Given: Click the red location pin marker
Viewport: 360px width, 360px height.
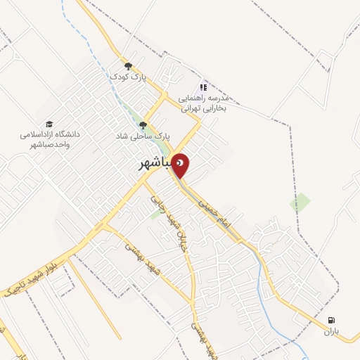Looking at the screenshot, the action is point(181,165).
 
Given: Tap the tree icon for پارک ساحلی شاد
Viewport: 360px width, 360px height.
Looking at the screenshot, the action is point(143,125).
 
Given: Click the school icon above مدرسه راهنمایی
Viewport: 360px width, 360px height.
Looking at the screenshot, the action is point(203,87).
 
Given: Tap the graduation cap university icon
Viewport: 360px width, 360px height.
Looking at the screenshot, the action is point(49,124).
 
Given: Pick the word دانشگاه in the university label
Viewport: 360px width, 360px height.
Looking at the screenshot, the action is point(69,134).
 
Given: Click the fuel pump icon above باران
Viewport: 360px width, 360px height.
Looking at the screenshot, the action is point(330,321).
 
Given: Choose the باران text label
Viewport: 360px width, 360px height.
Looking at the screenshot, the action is point(330,331).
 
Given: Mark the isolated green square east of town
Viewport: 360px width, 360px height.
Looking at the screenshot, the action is point(300,202).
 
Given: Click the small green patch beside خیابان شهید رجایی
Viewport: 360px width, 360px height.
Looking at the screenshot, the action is point(155,214).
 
